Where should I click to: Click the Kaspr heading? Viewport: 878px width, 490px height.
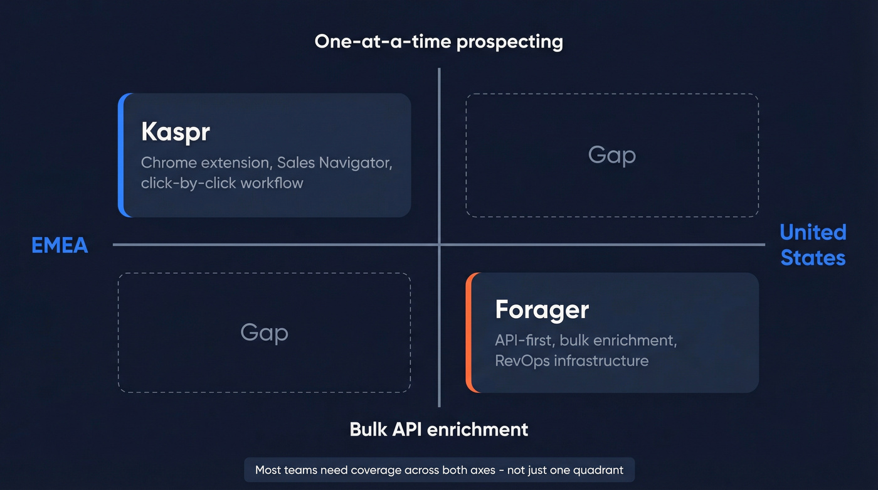(x=175, y=132)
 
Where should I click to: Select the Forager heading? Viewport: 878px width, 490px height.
(x=542, y=310)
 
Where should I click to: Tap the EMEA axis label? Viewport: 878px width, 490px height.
(x=60, y=245)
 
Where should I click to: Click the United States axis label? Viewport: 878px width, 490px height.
(x=813, y=245)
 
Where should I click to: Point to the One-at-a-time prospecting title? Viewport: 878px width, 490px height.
(x=438, y=42)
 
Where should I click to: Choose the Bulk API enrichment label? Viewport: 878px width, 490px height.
(x=438, y=430)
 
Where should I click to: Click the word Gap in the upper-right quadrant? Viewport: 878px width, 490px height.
(x=611, y=155)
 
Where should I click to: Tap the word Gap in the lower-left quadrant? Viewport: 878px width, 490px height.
(x=264, y=333)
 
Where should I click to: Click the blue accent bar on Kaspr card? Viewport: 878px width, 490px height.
(x=122, y=155)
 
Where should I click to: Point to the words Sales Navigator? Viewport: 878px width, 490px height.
(x=334, y=163)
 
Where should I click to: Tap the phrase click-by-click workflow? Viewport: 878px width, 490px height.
(x=222, y=183)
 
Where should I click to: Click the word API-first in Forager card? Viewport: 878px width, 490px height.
(x=524, y=341)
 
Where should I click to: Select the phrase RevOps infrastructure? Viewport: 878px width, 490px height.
(x=571, y=361)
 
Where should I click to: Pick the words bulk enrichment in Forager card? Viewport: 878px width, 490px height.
(x=618, y=341)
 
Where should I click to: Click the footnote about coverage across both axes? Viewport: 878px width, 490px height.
(x=438, y=470)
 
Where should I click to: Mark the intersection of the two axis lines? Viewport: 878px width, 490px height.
(x=439, y=245)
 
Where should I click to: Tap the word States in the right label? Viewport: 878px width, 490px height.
(x=813, y=258)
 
